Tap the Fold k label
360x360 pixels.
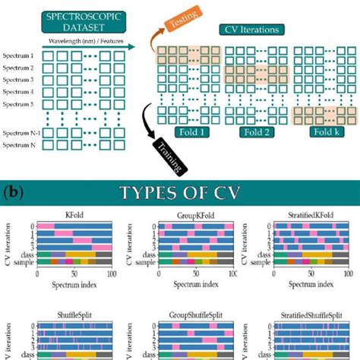tap(324, 131)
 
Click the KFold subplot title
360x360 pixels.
tap(76, 216)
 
